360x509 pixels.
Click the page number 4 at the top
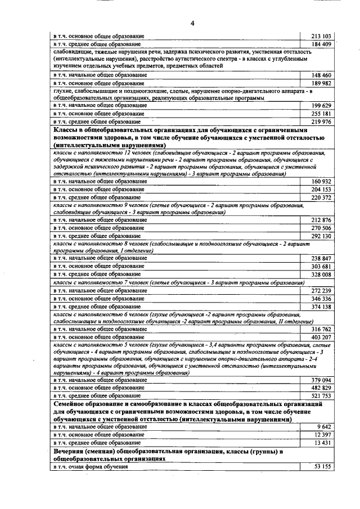click(192, 23)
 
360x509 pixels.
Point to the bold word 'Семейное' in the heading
click(69, 404)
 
